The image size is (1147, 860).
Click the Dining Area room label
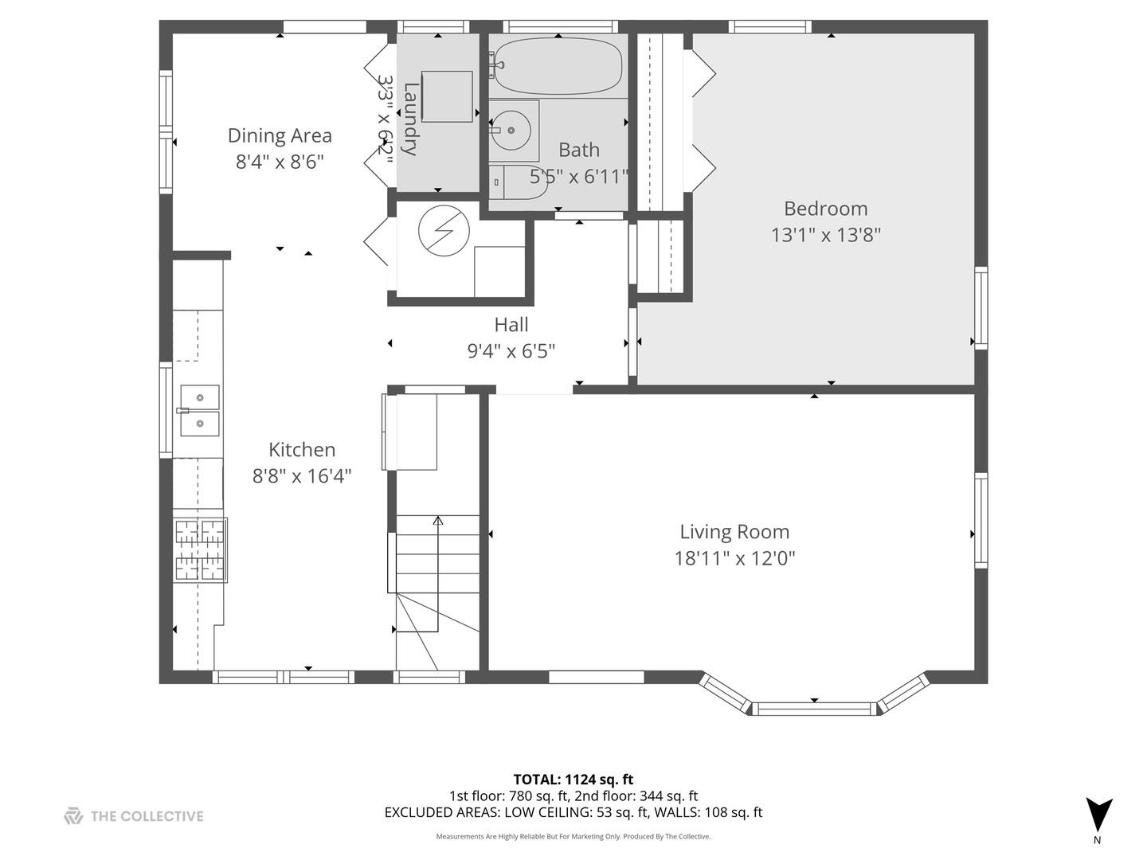(280, 135)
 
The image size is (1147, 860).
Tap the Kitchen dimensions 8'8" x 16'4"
(302, 476)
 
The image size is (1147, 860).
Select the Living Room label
(734, 532)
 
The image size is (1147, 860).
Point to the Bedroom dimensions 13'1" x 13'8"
(825, 235)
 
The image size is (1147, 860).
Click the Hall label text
(511, 325)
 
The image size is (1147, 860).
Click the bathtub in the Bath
(558, 66)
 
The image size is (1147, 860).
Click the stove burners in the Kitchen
(200, 549)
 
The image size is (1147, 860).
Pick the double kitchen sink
(199, 410)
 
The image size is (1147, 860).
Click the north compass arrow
(1098, 815)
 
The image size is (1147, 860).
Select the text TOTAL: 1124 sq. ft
(573, 780)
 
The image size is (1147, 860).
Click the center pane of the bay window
(814, 708)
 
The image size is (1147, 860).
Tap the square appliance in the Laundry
(447, 96)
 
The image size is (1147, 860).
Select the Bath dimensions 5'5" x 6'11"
(579, 176)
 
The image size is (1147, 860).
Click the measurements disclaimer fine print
(573, 837)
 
